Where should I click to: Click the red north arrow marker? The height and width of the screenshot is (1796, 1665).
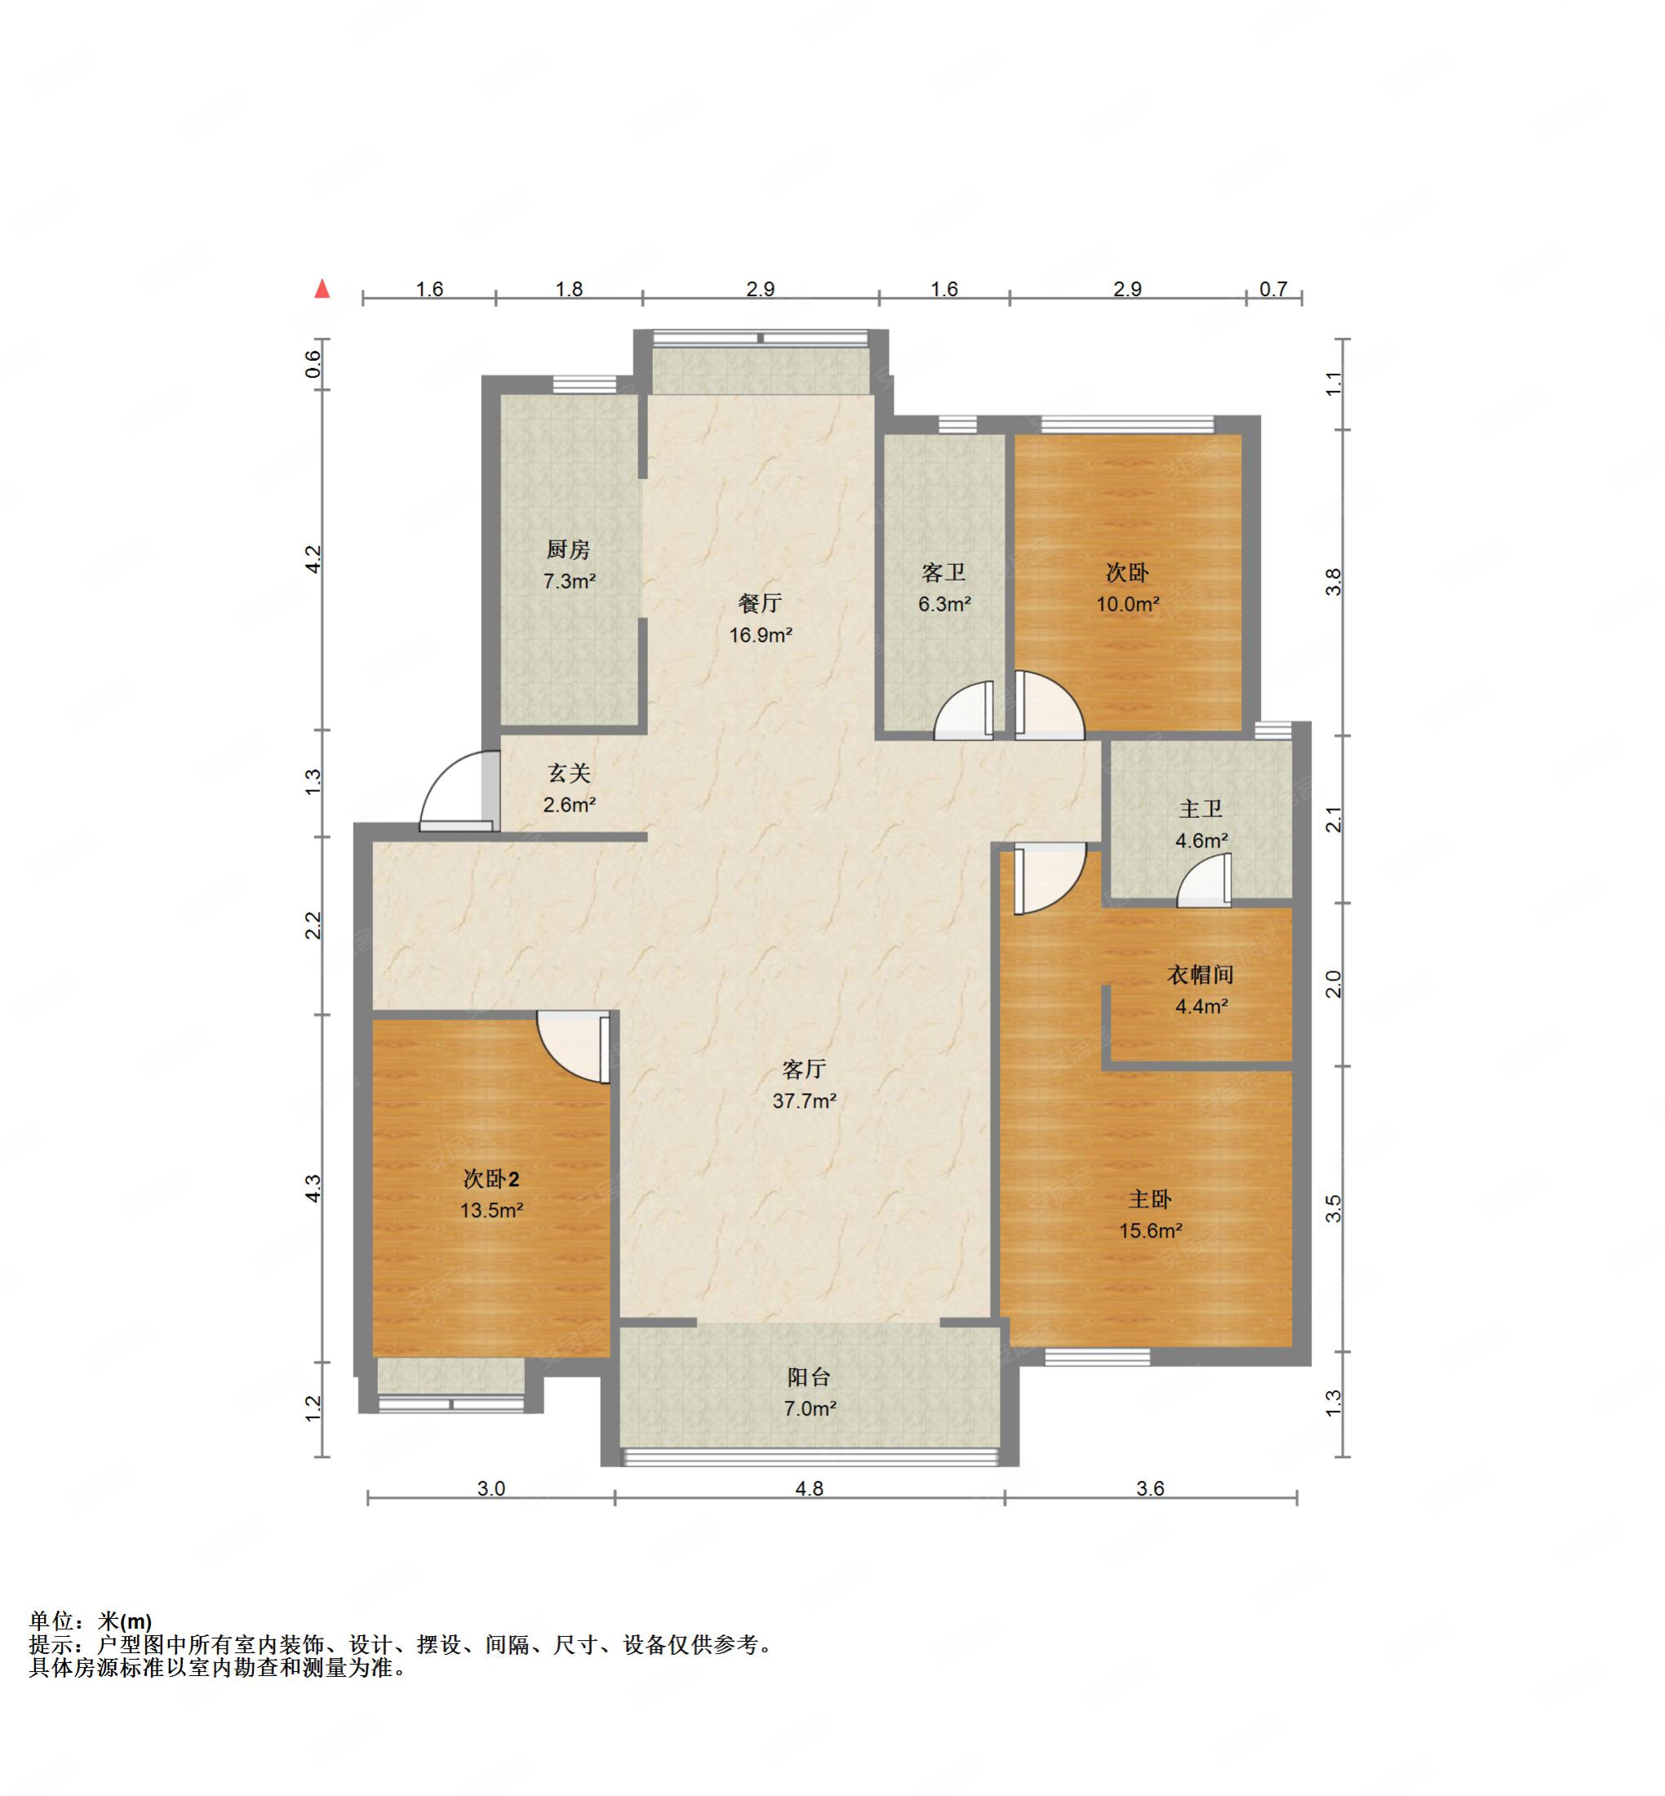[322, 288]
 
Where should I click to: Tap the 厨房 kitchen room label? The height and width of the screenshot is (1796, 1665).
[569, 549]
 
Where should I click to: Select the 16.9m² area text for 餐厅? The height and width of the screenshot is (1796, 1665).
[761, 634]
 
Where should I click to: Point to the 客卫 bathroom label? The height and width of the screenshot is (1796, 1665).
[944, 572]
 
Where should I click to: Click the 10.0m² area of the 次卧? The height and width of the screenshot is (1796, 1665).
[1127, 604]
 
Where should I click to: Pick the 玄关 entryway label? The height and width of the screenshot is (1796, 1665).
[570, 772]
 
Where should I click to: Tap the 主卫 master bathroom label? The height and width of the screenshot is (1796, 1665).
[1201, 808]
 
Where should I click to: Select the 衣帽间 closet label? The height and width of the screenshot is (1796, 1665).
[1201, 974]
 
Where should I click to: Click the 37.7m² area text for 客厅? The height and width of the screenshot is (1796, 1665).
[805, 1100]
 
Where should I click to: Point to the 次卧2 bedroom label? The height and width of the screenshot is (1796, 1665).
[491, 1179]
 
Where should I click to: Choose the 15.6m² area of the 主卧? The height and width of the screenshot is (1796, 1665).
[1151, 1230]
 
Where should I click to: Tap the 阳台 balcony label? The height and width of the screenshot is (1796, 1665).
[809, 1377]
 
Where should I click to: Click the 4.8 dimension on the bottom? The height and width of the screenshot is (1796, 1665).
[809, 1487]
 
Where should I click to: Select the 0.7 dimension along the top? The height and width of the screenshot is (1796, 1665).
[1273, 288]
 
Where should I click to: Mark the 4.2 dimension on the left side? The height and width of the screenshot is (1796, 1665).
[313, 558]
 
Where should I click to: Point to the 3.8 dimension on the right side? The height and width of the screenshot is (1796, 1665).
[1334, 581]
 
